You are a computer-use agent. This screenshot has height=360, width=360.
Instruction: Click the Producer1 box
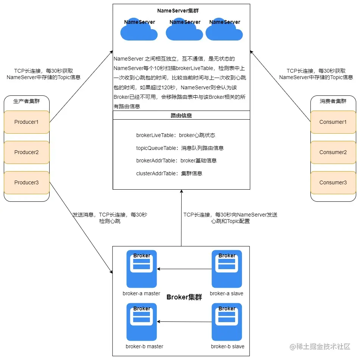click(26, 122)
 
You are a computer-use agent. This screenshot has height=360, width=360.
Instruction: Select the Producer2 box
click(26, 152)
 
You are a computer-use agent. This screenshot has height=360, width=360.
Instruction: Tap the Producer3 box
click(26, 182)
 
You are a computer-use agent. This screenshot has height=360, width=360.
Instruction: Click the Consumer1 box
click(333, 122)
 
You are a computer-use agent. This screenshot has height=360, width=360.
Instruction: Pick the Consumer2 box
click(333, 152)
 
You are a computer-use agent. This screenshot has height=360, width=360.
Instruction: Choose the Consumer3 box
click(333, 182)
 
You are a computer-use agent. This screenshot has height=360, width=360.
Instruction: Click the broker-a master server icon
click(142, 269)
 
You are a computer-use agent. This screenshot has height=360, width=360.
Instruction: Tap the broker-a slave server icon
click(227, 269)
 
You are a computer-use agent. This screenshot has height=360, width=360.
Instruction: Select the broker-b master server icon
click(142, 322)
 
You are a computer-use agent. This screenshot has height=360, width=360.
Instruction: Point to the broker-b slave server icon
click(227, 322)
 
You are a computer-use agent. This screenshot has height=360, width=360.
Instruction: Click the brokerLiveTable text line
click(176, 135)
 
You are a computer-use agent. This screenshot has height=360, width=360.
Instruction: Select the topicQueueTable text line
click(180, 148)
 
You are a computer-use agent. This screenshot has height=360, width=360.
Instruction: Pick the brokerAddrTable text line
click(176, 161)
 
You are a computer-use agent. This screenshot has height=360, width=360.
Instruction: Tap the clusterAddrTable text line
click(169, 173)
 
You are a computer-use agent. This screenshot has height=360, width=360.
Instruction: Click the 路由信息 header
click(181, 115)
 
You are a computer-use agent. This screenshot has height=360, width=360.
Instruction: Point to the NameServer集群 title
click(178, 11)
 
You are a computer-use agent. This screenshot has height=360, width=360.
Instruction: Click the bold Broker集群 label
click(184, 297)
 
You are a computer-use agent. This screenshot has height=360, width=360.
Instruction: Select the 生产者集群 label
click(26, 101)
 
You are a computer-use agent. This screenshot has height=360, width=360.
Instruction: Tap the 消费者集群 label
click(333, 101)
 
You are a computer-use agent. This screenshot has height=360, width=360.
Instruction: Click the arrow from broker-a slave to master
click(184, 269)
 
